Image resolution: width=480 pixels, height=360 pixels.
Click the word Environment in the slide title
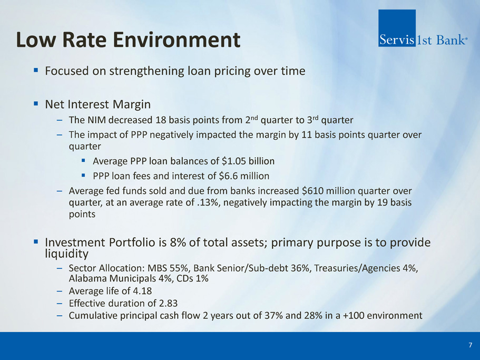[x=177, y=40]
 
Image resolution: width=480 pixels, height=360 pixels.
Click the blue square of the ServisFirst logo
[x=397, y=28]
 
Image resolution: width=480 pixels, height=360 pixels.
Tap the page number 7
[x=471, y=345]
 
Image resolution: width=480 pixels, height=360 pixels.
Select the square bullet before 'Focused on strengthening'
[x=36, y=71]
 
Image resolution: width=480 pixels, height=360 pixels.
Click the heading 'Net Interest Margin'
[x=97, y=104]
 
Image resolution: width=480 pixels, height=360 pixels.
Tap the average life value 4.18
[x=142, y=291]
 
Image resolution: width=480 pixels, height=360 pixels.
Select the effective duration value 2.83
[x=168, y=303]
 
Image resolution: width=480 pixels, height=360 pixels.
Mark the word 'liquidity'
[x=66, y=254]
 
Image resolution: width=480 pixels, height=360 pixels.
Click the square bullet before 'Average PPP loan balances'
[x=83, y=160]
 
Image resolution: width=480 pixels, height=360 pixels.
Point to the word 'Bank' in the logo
[x=450, y=40]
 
